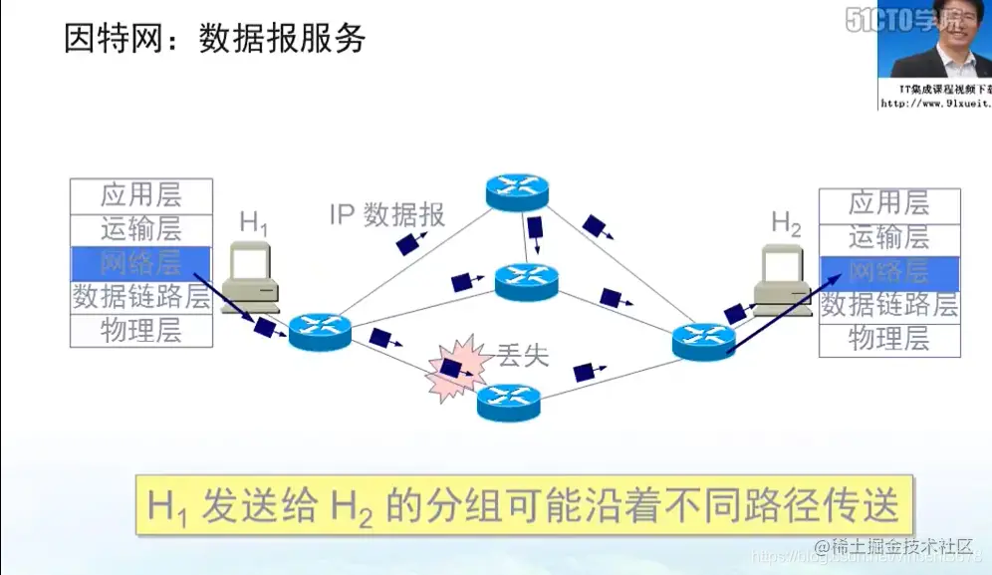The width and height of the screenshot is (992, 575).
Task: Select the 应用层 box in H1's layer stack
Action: point(141,195)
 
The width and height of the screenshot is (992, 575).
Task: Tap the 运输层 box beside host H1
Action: point(141,229)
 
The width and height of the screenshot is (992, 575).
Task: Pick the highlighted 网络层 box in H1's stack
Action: point(141,263)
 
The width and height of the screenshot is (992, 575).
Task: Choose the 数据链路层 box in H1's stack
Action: point(141,297)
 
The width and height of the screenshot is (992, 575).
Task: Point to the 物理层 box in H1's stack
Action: point(141,331)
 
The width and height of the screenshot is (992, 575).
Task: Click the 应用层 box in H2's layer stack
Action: point(888,204)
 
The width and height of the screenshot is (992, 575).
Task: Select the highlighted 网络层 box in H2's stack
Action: point(888,272)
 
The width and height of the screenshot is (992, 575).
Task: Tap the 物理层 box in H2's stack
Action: point(888,340)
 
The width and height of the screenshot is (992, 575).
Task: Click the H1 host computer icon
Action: point(249,277)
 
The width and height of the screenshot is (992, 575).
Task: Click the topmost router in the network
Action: point(517,190)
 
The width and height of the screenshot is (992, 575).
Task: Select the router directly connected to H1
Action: point(321,331)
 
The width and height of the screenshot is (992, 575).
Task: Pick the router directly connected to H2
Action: point(703,342)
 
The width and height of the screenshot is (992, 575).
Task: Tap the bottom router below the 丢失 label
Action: point(508,402)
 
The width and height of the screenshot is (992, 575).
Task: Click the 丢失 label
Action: point(522,355)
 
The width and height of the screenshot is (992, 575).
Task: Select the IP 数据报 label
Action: point(387,214)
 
